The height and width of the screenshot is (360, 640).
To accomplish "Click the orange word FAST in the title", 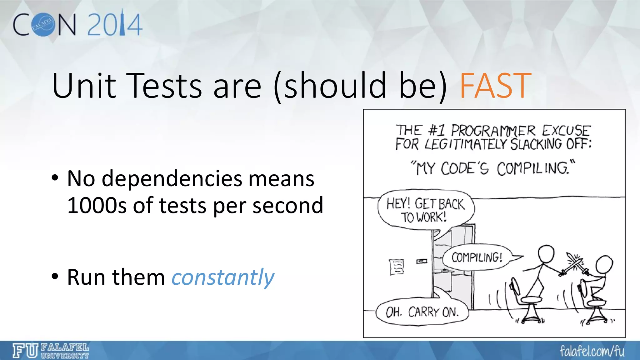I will (495, 85).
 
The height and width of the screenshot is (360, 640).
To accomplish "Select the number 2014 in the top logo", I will (115, 25).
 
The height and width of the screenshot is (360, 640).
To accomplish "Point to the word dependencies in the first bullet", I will (172, 179).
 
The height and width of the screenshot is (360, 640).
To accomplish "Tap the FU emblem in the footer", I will (25, 351).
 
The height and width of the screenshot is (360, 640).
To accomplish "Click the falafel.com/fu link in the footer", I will (592, 351).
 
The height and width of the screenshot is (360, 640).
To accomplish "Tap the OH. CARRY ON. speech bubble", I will (422, 312).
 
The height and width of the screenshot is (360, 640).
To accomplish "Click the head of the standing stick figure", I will (545, 254).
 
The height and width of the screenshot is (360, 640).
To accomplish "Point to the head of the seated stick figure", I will (604, 264).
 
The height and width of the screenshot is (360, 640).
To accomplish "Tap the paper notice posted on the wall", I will (397, 267).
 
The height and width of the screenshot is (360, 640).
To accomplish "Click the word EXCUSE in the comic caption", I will (566, 130).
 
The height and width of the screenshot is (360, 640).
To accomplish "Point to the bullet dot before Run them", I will (55, 277).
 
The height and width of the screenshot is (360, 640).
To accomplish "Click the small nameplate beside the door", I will (422, 261).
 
